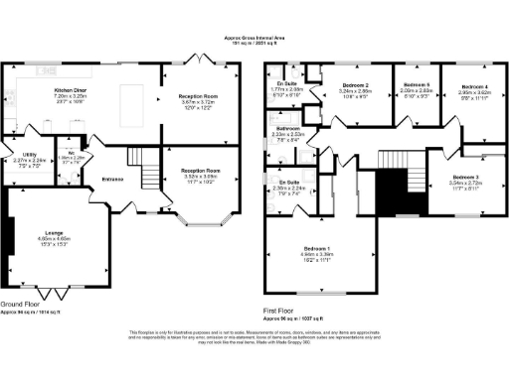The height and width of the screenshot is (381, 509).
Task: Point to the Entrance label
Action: coord(111,179)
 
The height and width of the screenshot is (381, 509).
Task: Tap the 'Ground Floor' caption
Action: coord(21,305)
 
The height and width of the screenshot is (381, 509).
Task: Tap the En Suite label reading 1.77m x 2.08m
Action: coord(287,86)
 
